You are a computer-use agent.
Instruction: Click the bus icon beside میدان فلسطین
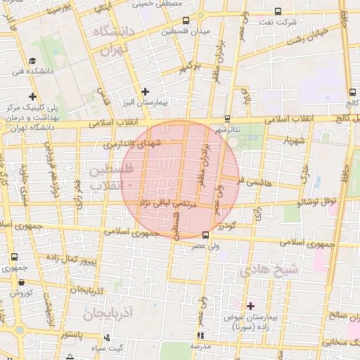186,21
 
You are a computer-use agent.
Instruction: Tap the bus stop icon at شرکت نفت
278,11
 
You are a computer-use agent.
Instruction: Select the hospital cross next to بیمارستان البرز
146,91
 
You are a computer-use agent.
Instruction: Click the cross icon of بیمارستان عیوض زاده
250,306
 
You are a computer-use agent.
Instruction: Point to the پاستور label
73,334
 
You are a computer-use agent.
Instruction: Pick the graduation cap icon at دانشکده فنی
32,61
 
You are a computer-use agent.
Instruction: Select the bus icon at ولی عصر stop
205,236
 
